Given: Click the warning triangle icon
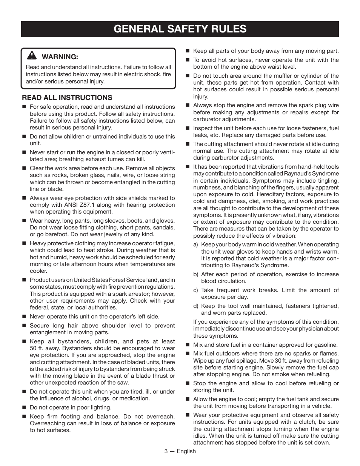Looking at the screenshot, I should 32,56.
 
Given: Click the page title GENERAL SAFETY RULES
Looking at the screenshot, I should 180,29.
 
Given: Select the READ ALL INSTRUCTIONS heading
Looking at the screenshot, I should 67,98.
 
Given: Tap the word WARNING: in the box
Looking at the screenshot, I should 60,57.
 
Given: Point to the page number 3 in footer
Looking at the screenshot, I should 166,451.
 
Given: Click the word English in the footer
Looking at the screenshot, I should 186,451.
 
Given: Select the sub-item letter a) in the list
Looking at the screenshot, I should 195,245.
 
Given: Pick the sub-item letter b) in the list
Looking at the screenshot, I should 195,274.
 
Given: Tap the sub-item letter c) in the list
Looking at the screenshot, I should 195,290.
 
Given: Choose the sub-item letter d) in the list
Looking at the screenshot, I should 195,306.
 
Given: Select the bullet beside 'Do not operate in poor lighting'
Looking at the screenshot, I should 24,408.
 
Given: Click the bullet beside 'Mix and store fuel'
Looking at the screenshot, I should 187,345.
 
